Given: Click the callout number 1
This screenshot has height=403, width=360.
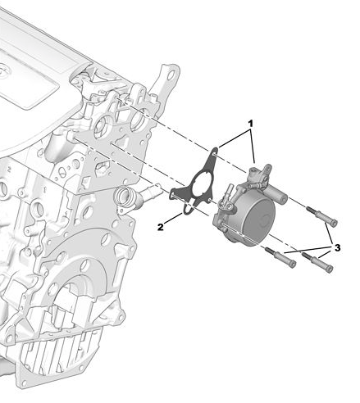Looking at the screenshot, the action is [x=250, y=124].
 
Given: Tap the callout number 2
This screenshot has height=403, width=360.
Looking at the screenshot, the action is [x=161, y=227].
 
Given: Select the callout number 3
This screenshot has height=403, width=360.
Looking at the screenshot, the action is [x=337, y=247].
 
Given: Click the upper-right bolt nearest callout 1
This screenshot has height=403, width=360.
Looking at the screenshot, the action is [x=321, y=215].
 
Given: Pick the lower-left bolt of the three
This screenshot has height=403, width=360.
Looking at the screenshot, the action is [x=280, y=257].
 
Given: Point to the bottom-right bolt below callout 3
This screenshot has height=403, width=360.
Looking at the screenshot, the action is [x=317, y=262].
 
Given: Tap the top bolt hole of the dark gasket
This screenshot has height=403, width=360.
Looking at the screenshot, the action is [x=215, y=156].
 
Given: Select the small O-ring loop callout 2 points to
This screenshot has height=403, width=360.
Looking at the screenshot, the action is [x=187, y=210].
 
